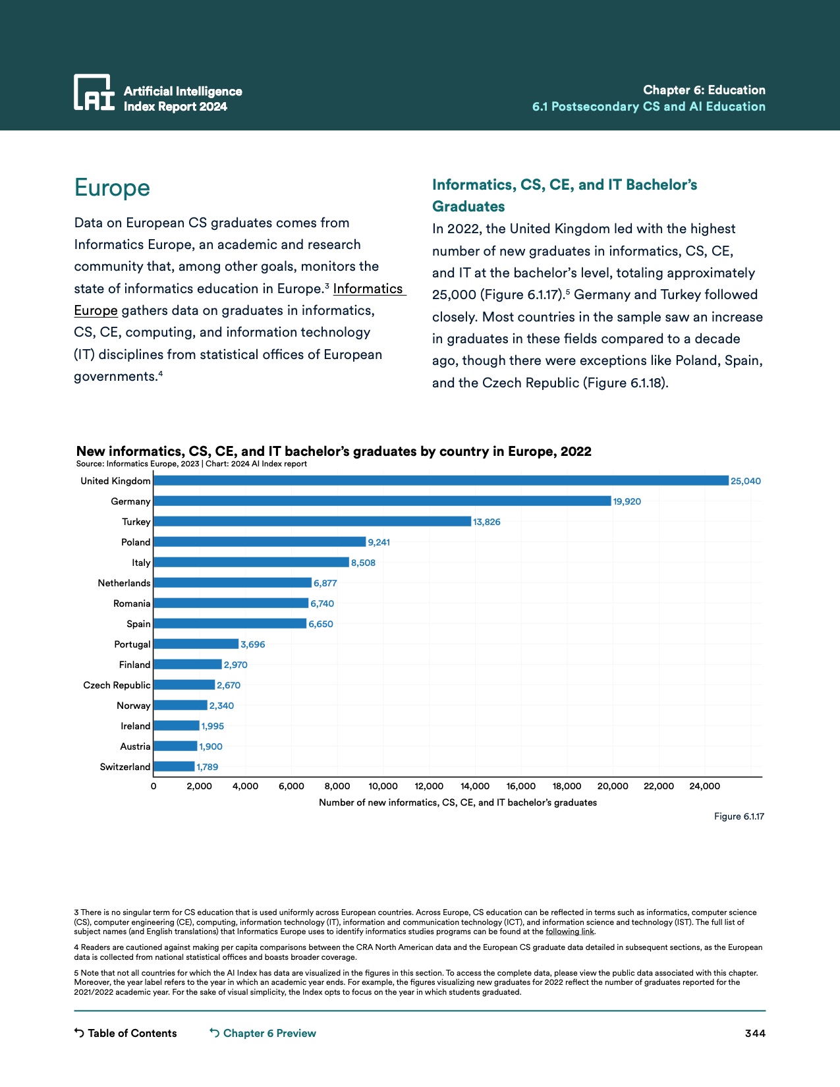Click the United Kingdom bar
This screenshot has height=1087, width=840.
pos(441,481)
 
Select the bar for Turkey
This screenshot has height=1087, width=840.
pos(312,522)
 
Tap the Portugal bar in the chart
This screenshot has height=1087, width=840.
pos(196,644)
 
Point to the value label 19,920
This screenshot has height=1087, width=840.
pos(627,501)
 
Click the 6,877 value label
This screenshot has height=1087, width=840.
pos(325,583)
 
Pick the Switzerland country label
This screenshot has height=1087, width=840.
pos(125,767)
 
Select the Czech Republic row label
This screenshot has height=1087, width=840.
pos(117,685)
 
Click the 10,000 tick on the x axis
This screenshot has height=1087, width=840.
pos(383,786)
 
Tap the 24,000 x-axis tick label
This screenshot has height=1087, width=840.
pos(704,786)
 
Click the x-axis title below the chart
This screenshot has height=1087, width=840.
pos(458,802)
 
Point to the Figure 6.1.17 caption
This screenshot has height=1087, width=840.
pos(739,816)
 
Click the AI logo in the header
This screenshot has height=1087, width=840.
pos(94,92)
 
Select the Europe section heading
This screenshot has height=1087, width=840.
pos(112,188)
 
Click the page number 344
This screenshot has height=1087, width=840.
pos(755,1033)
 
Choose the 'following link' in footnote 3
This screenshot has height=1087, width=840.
pos(570,932)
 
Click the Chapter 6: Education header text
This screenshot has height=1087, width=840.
pos(704,90)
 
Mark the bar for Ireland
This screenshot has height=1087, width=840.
pos(176,726)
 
